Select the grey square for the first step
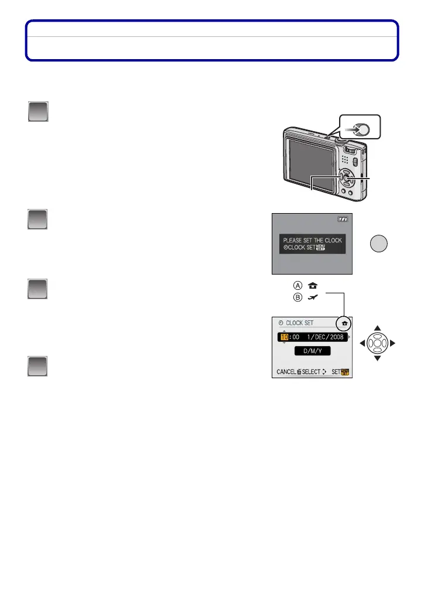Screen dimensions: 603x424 click(x=38, y=112)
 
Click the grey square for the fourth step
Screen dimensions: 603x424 click(x=38, y=366)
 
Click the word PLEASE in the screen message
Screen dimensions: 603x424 click(x=293, y=241)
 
